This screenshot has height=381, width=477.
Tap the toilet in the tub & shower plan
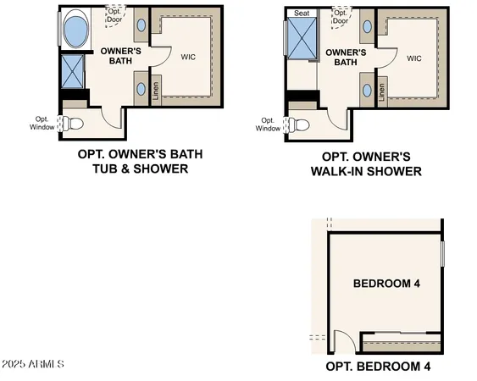[x=74, y=124]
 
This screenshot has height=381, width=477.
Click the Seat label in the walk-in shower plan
[x=300, y=14]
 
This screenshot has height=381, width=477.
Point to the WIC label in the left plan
[x=188, y=58]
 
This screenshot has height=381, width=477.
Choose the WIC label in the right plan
[x=413, y=58]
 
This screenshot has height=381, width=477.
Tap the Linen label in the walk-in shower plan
[x=381, y=92]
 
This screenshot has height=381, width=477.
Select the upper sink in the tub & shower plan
[x=141, y=26]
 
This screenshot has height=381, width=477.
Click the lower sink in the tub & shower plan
[x=141, y=87]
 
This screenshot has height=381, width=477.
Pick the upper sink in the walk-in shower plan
[x=366, y=26]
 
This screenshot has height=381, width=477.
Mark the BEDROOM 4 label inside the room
[x=386, y=284]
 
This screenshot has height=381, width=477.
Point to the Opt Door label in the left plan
[x=114, y=15]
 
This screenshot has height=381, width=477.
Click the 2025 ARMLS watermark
[x=34, y=364]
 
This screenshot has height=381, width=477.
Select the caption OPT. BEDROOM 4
[x=378, y=367]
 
